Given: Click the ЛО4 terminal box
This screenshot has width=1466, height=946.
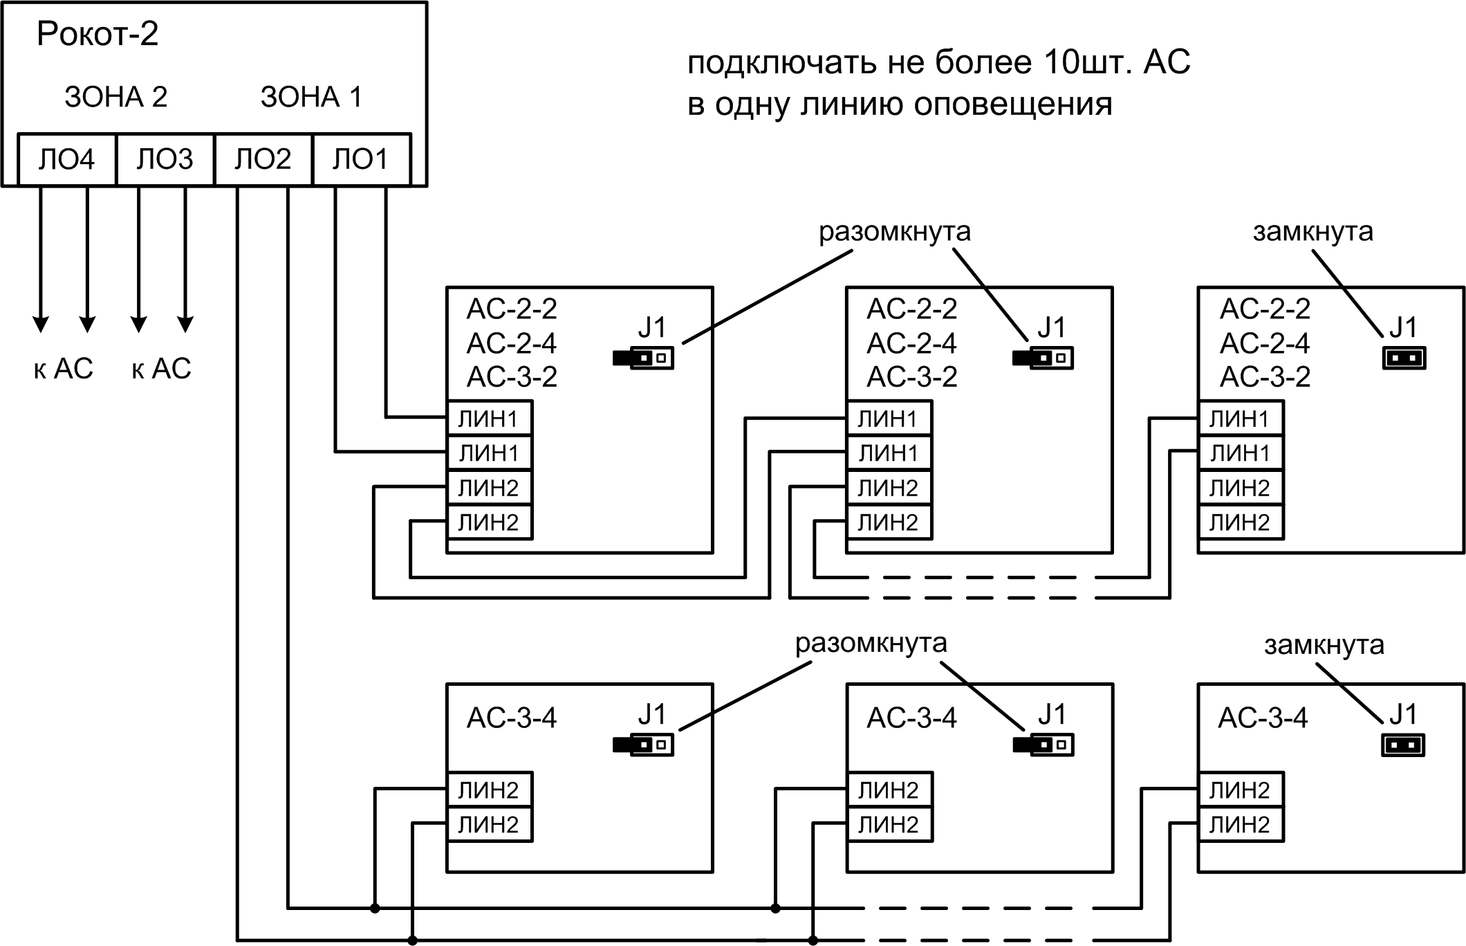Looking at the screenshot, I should pos(66,160).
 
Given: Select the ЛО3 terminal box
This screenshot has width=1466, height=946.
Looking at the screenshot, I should pos(165,160).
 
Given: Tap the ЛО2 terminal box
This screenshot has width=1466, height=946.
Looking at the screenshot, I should pos(263,160).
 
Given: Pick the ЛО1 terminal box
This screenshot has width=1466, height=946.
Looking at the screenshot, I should pos(360,160).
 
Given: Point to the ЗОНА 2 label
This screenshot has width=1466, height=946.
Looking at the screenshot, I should pos(116,97).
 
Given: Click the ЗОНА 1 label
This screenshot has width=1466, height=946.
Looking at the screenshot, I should pos(311,97).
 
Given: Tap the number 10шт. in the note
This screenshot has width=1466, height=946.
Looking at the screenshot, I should pos(1088,63).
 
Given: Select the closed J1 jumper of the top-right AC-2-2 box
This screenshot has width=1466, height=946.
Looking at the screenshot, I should pos(1404,358).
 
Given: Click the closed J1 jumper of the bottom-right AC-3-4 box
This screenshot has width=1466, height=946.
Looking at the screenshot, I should pos(1404,745).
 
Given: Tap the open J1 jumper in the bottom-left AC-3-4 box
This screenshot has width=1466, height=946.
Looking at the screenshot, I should pos(643,745).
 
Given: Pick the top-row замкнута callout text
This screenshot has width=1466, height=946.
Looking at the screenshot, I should pos(1312,232).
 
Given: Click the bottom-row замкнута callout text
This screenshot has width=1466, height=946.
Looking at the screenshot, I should pos(1324,645).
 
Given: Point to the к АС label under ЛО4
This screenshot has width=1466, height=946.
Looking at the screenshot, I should pos(63,369).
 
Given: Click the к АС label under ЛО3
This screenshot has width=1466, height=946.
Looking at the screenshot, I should pos(161,369).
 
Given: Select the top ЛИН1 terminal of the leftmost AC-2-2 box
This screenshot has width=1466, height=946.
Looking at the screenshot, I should pos(488,419).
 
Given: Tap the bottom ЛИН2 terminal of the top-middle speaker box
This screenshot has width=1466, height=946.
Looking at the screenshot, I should pos(889,522).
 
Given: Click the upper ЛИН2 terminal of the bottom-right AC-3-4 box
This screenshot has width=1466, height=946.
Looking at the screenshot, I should pos(1240,790).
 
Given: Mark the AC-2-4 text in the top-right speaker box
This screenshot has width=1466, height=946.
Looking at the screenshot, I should pos(1265,343).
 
